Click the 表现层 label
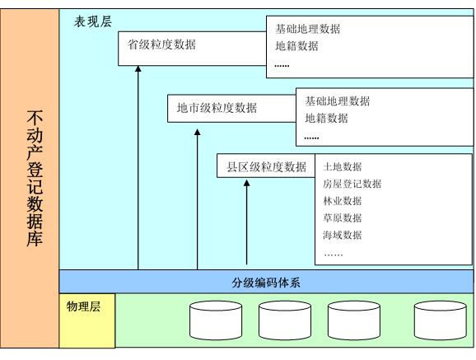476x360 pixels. [x=93, y=22]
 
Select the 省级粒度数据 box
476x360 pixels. [x=192, y=49]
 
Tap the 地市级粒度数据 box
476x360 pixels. [x=231, y=109]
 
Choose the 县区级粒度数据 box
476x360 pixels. [x=266, y=166]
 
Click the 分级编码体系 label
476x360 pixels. [x=266, y=283]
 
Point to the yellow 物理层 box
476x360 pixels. [x=87, y=320]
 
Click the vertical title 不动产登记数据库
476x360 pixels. [x=35, y=178]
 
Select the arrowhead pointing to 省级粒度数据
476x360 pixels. [x=138, y=69]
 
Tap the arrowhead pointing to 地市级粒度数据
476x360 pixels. [x=198, y=132]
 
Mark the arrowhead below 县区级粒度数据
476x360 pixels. [x=247, y=183]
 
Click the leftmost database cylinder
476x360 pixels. [x=216, y=320]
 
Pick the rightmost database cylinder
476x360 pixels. [x=441, y=320]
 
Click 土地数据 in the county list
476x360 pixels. [x=342, y=166]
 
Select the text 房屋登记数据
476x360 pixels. [x=352, y=184]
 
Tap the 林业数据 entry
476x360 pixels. [x=342, y=201]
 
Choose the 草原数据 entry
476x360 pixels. [x=342, y=217]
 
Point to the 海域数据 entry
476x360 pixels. [x=342, y=235]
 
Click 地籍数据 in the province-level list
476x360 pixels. [x=296, y=46]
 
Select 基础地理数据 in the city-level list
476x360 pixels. [x=338, y=101]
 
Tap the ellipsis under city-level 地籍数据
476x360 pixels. [x=311, y=138]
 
